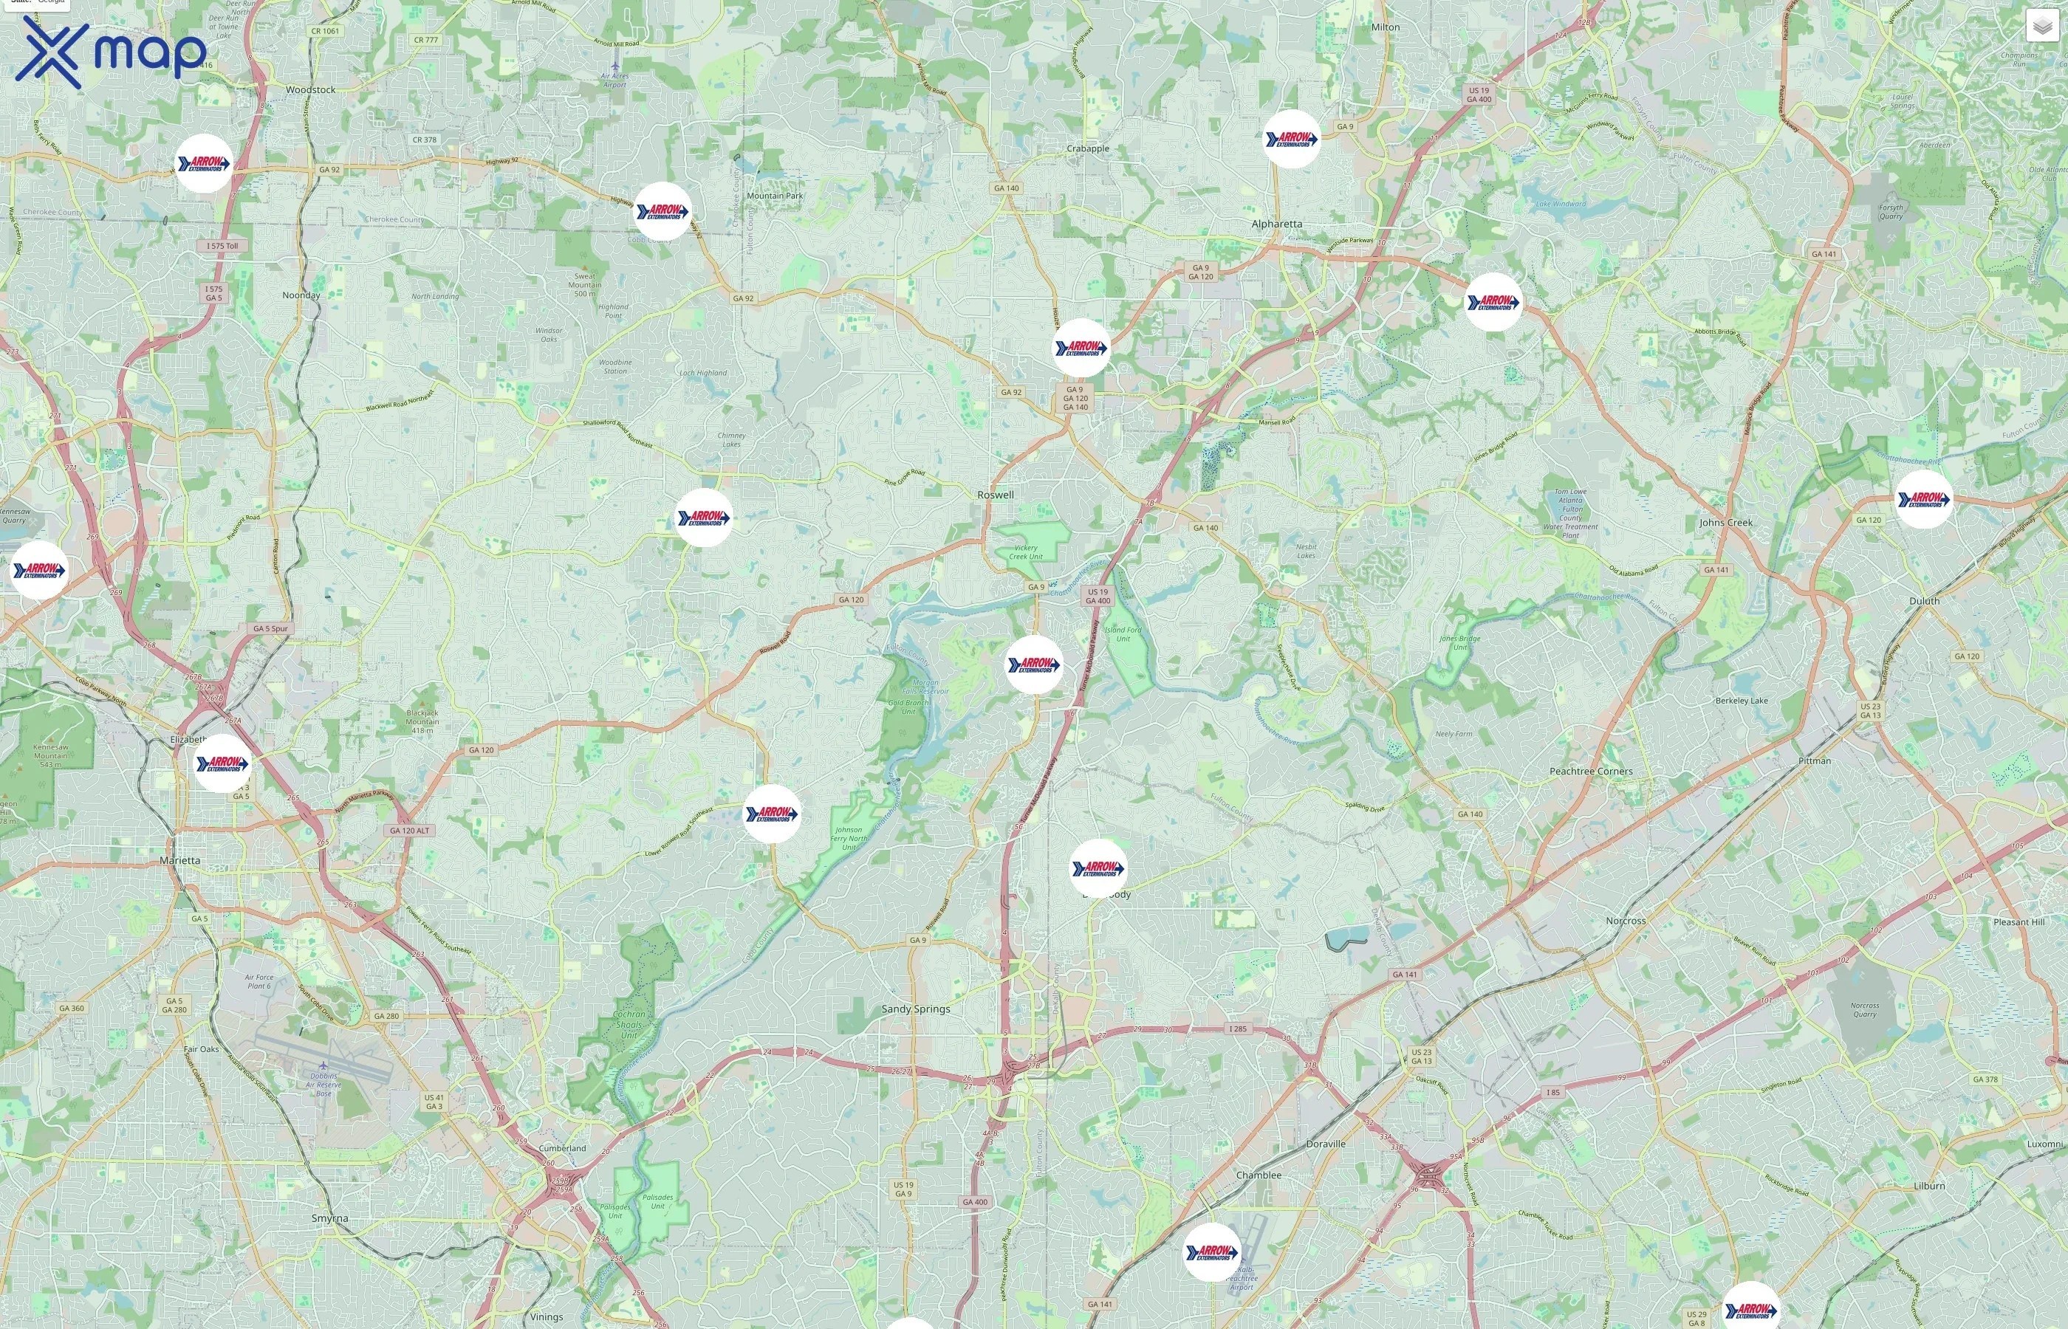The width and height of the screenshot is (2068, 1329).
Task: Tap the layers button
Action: (2042, 26)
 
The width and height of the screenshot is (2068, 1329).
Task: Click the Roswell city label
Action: (995, 495)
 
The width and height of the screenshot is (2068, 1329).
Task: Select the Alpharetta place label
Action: (1276, 224)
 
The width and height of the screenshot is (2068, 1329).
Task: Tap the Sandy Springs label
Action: (915, 1009)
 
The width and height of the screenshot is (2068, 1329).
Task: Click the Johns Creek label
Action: (1725, 522)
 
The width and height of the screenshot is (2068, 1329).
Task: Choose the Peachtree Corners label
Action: (1591, 772)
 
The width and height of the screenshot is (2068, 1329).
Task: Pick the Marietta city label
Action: (179, 860)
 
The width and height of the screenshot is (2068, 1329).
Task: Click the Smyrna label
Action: (329, 1218)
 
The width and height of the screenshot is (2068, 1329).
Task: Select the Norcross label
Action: (1626, 921)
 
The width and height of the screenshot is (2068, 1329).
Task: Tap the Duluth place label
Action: (1924, 601)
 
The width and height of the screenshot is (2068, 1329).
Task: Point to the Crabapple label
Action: (1087, 148)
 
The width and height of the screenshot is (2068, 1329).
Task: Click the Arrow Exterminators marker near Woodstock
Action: (204, 163)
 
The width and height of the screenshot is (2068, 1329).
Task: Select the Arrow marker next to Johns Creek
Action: (1923, 499)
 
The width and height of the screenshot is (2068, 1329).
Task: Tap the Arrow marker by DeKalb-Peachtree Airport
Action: (1212, 1251)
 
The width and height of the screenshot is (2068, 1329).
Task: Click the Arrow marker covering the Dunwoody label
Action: (1098, 868)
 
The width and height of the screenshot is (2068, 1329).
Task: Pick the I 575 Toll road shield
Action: (222, 246)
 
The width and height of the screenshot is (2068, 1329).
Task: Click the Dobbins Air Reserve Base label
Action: (323, 1085)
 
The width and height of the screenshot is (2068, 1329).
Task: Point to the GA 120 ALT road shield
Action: (409, 830)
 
